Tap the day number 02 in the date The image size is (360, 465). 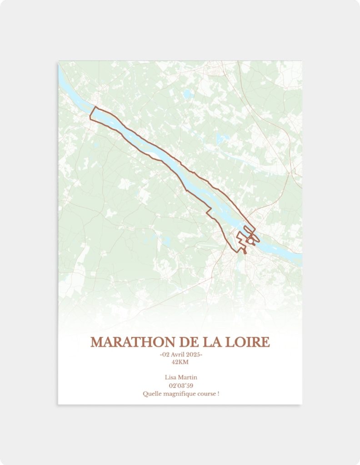[x=165, y=355]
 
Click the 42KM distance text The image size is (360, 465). [x=180, y=362]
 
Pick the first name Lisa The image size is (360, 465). [x=171, y=377]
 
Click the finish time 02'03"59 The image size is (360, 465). [x=180, y=386]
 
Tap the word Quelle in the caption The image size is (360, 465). [x=151, y=394]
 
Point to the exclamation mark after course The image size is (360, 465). [x=218, y=394]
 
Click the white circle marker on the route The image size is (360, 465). [x=250, y=242]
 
